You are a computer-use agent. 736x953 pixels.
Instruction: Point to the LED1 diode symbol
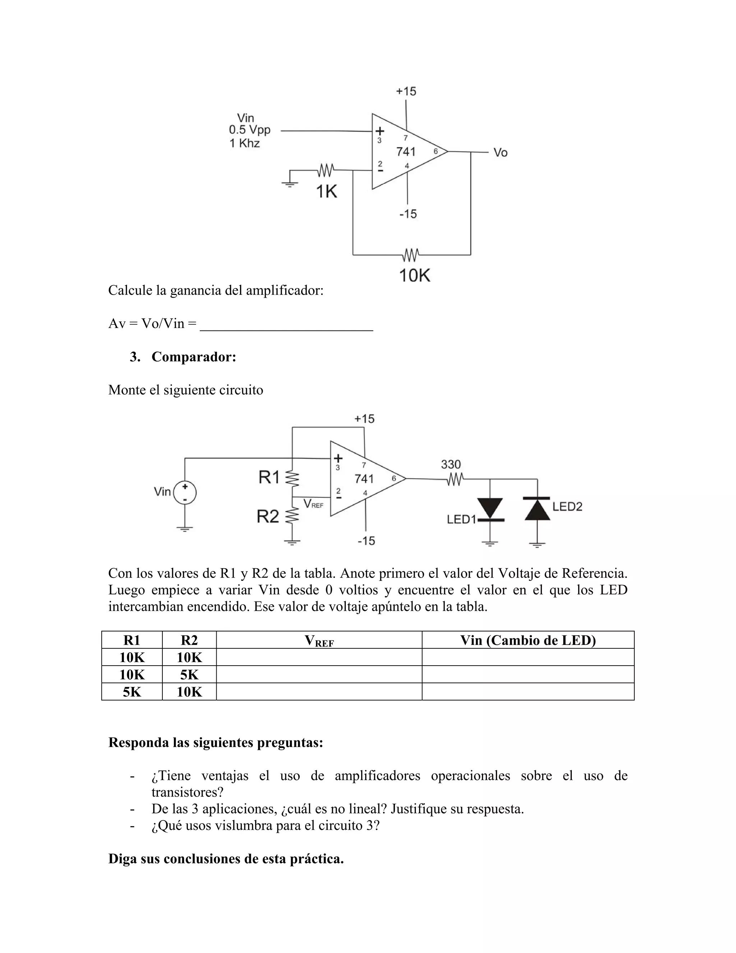[491, 509]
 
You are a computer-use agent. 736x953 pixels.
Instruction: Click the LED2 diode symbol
[537, 509]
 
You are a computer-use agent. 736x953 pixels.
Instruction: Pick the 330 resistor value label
[451, 464]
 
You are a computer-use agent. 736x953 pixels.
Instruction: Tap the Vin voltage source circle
[185, 493]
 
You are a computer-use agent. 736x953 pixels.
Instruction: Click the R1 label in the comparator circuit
[269, 478]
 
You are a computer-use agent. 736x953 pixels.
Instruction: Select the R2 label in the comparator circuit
[268, 517]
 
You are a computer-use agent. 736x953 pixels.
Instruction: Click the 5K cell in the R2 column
[189, 675]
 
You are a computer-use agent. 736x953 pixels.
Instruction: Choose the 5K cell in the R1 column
[132, 692]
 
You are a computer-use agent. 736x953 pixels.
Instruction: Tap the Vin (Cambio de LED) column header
[528, 640]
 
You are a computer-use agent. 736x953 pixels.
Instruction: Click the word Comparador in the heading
[194, 357]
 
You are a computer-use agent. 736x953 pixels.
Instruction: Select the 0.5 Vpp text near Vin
[249, 130]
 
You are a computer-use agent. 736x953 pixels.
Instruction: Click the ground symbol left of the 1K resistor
[289, 182]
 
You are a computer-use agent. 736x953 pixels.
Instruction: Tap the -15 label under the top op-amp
[408, 214]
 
